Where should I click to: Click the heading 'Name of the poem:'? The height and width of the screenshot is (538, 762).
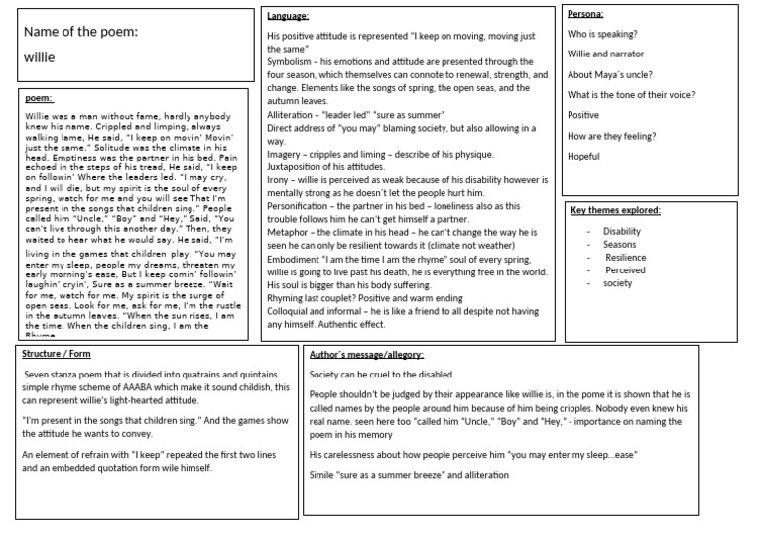pyautogui.click(x=80, y=31)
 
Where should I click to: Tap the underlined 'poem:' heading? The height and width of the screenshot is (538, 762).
pyautogui.click(x=39, y=98)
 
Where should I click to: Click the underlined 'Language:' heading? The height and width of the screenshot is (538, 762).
pyautogui.click(x=288, y=16)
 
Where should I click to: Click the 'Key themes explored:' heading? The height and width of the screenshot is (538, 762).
pyautogui.click(x=616, y=210)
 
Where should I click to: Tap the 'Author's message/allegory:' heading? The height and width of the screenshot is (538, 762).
pyautogui.click(x=367, y=354)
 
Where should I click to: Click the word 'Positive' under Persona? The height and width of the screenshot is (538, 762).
pyautogui.click(x=583, y=115)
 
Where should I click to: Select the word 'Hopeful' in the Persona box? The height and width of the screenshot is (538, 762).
pyautogui.click(x=583, y=157)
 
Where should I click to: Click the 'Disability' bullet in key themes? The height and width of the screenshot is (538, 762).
pyautogui.click(x=622, y=231)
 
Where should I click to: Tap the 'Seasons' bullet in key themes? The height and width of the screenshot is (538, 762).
pyautogui.click(x=620, y=244)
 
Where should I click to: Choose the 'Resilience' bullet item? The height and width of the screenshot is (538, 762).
pyautogui.click(x=626, y=257)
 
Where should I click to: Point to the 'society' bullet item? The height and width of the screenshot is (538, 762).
pyautogui.click(x=618, y=283)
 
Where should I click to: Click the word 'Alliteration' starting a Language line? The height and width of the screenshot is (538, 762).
pyautogui.click(x=295, y=115)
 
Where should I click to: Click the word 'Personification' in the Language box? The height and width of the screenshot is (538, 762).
pyautogui.click(x=301, y=205)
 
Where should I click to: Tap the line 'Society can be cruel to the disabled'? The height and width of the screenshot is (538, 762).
pyautogui.click(x=381, y=374)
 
